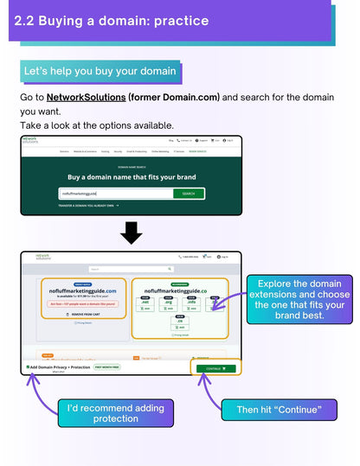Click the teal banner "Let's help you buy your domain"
(100, 71)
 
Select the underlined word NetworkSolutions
(86, 97)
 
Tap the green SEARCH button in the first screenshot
(189, 194)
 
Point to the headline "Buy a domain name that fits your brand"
(132, 177)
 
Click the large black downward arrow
(132, 233)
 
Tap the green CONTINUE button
(215, 368)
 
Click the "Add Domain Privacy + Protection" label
(59, 367)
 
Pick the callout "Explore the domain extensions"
(299, 299)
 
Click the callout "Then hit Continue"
(280, 409)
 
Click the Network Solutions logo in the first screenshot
(30, 139)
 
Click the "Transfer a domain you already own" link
(88, 206)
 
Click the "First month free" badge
(107, 367)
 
